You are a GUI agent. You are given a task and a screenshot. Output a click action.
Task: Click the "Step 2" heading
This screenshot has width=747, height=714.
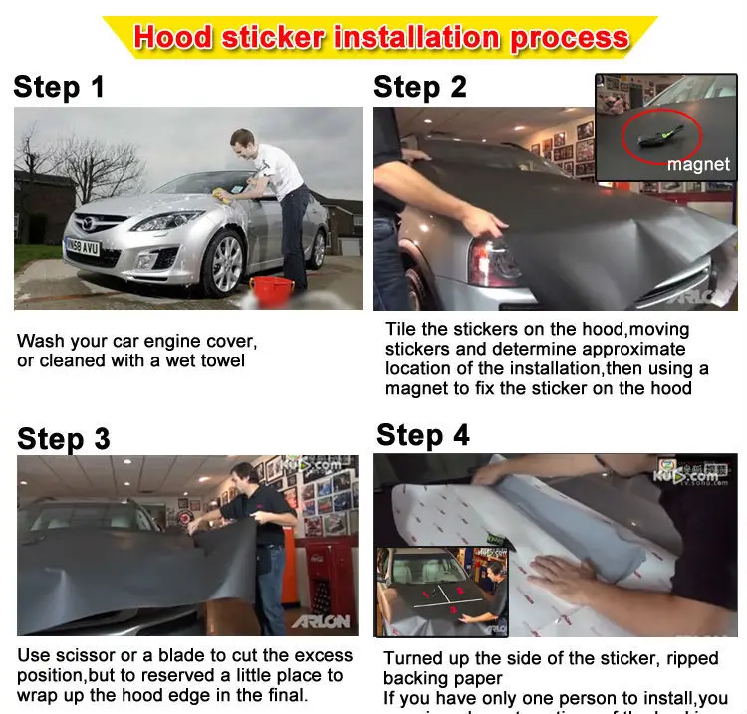[420, 87]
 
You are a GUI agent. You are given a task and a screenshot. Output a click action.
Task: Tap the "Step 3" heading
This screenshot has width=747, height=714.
[63, 439]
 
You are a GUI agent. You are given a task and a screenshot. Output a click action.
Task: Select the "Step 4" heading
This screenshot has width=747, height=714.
[422, 435]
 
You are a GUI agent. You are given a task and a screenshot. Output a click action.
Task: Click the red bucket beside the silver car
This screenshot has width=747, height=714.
[270, 291]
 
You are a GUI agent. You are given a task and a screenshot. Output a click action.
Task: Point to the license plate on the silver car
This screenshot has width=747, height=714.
[81, 245]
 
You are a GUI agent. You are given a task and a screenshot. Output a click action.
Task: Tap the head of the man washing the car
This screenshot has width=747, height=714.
[242, 140]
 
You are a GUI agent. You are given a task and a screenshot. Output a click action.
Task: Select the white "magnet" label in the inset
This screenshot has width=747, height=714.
[697, 164]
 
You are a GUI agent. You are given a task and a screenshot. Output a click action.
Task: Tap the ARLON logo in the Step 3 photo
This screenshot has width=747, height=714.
[321, 622]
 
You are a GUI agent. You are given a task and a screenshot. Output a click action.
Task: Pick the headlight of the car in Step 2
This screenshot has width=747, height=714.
[494, 261]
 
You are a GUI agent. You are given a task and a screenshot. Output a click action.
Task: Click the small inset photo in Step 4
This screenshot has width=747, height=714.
[442, 592]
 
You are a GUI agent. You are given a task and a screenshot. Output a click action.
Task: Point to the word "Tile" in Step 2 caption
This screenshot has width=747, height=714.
[401, 330]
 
